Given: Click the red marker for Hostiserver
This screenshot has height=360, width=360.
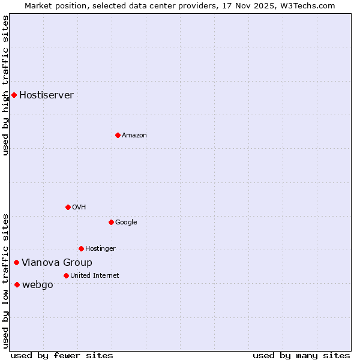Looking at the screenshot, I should (x=14, y=95).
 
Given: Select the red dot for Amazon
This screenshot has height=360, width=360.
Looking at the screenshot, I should (x=118, y=135).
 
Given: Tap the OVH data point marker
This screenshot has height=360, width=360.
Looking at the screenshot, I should (x=68, y=207).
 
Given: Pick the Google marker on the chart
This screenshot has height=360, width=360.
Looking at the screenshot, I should (x=111, y=222).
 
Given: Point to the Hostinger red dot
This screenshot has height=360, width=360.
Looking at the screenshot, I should (x=81, y=248).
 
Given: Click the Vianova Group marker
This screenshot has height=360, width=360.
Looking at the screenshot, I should (x=16, y=262).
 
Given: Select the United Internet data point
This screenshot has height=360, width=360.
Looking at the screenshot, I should (x=66, y=275).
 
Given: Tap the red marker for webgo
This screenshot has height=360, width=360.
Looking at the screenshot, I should (x=17, y=284).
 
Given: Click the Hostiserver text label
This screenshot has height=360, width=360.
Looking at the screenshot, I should (x=46, y=95).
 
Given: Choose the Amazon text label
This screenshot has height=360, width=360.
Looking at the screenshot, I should (x=134, y=135).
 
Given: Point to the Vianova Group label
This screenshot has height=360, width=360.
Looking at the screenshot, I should (x=57, y=262).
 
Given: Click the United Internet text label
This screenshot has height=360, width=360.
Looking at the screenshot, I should (x=94, y=275).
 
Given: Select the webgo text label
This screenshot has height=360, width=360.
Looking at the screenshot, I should (x=37, y=284).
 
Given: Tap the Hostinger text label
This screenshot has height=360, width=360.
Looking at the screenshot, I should (x=100, y=248).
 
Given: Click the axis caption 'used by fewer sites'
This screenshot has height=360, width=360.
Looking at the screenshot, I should (x=62, y=355).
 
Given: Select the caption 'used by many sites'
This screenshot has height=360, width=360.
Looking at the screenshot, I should (x=301, y=355).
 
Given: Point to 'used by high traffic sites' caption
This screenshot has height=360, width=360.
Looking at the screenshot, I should (x=5, y=85).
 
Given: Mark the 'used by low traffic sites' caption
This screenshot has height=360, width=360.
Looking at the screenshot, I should (x=5, y=281).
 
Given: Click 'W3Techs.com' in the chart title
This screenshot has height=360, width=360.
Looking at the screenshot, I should (x=310, y=5).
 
